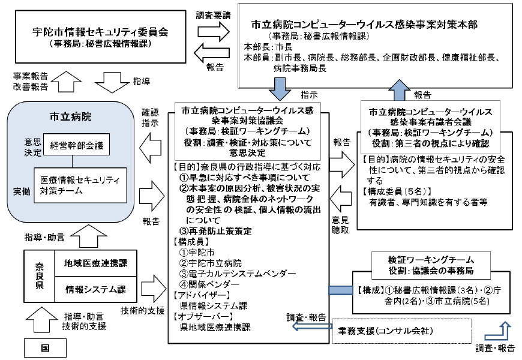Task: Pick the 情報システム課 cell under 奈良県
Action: point(95,290)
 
